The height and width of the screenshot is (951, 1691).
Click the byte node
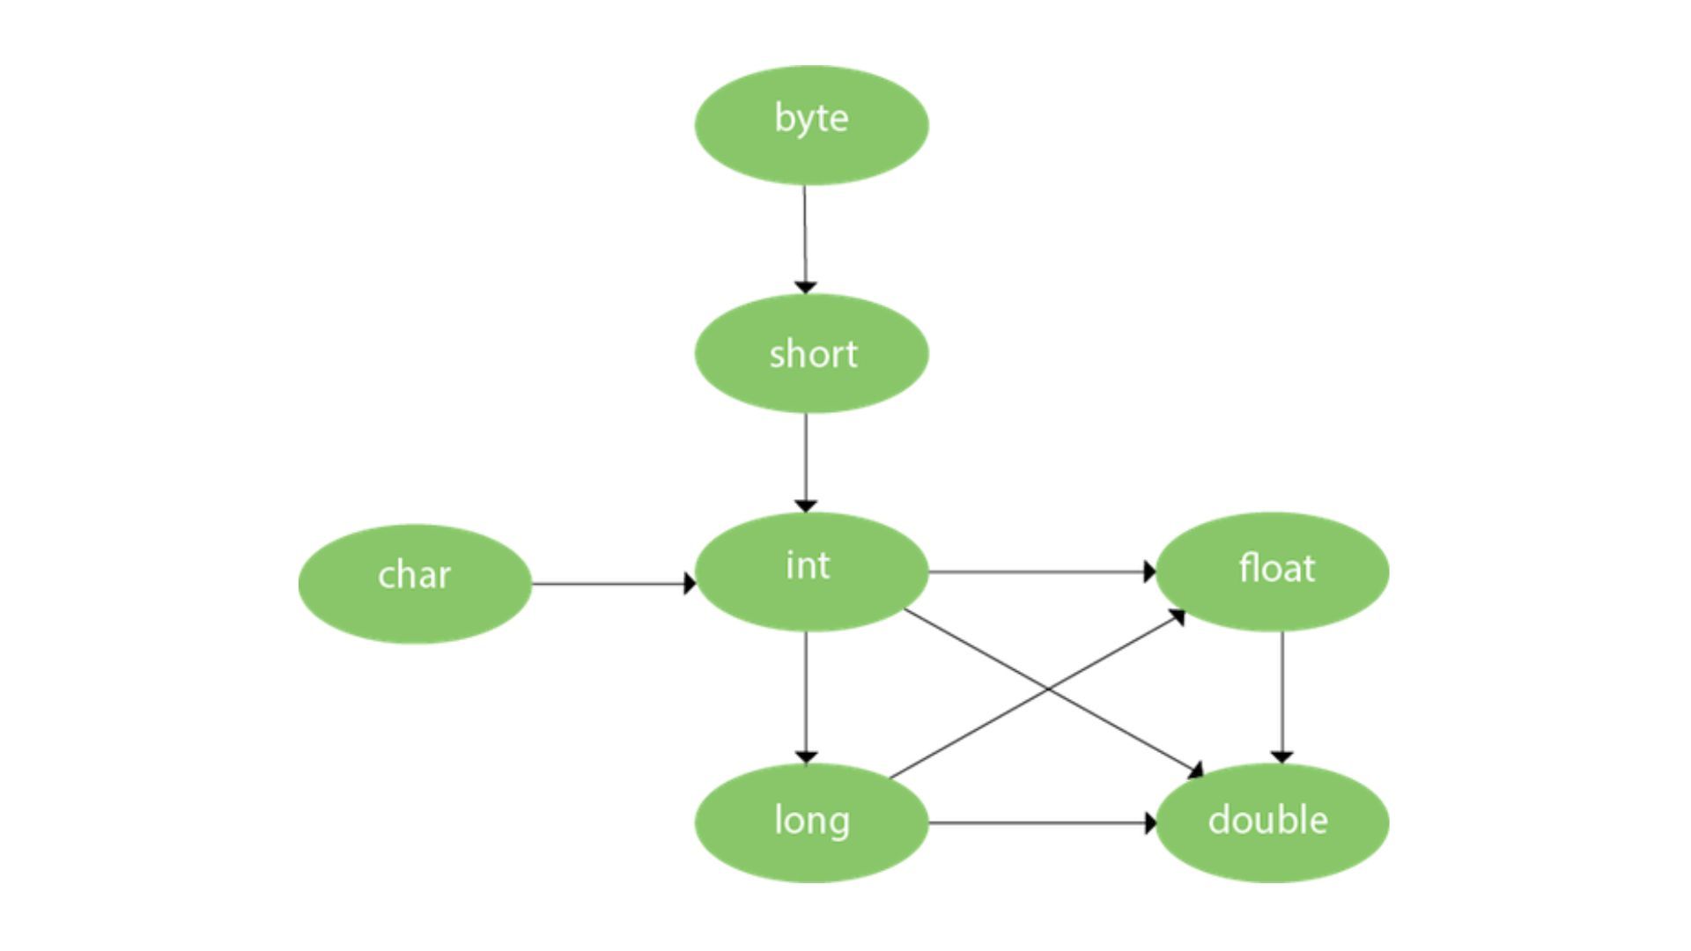click(811, 125)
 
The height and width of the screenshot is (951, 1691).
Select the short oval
click(811, 353)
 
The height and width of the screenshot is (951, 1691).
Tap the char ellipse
click(415, 584)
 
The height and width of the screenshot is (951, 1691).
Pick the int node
click(811, 571)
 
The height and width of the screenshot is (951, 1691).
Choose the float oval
click(1272, 571)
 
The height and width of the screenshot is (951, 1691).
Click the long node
click(811, 822)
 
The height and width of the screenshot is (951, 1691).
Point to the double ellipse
click(1272, 822)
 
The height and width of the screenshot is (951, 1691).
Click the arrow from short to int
click(805, 458)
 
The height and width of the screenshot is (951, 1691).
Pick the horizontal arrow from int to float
click(1039, 572)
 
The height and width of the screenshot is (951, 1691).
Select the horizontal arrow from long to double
click(1039, 823)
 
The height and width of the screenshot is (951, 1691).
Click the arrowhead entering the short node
click(805, 287)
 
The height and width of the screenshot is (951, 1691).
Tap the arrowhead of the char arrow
click(690, 584)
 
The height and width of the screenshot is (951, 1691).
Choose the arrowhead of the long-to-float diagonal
click(1178, 616)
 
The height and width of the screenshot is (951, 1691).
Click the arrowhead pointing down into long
click(806, 757)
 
